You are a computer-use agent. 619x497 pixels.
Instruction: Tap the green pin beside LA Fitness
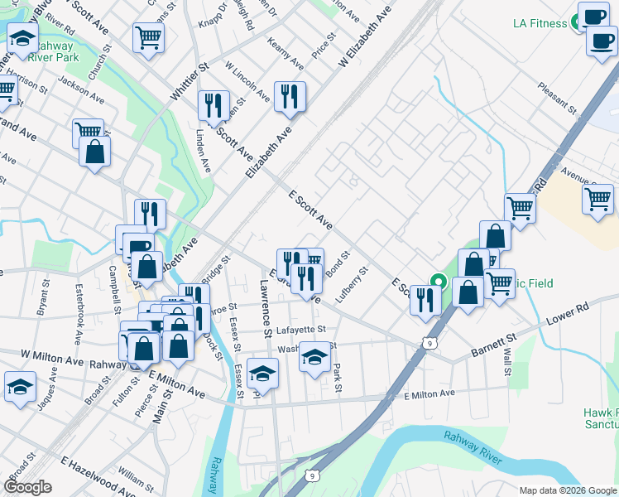(573, 23)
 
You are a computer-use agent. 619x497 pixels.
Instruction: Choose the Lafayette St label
(295, 328)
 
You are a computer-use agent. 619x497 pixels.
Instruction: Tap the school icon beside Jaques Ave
(20, 386)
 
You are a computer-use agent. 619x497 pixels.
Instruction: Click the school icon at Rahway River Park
(22, 36)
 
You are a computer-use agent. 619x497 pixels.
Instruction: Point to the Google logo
(28, 487)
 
